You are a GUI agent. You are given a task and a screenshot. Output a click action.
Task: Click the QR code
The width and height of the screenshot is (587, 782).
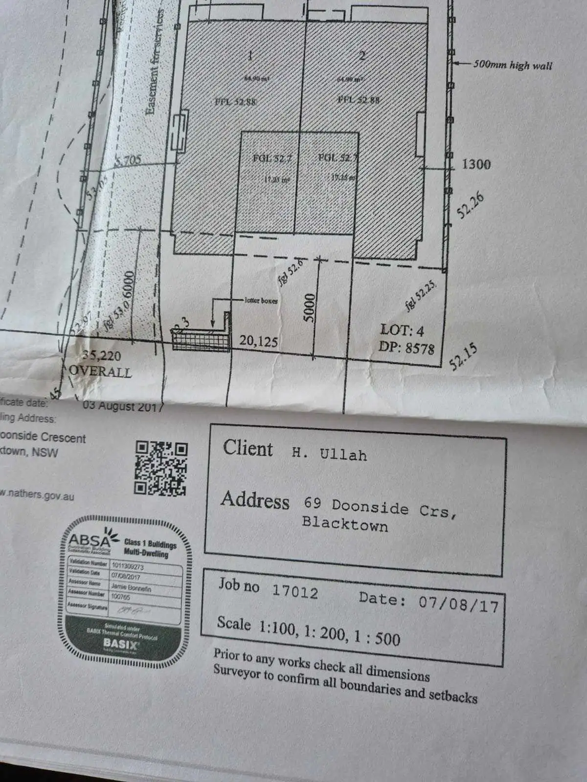(x=161, y=468)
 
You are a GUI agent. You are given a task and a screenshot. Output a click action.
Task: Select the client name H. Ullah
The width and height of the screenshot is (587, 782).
(x=329, y=454)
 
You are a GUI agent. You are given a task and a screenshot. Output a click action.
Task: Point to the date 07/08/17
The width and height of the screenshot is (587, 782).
(x=458, y=604)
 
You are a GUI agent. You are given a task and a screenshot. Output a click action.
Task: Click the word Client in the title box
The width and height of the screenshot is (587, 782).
(x=248, y=448)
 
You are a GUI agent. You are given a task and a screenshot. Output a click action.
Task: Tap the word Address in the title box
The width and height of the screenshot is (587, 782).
(x=255, y=500)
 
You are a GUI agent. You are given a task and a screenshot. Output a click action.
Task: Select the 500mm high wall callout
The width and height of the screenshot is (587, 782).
(x=512, y=65)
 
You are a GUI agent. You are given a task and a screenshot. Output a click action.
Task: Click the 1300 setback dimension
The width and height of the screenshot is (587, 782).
(x=476, y=164)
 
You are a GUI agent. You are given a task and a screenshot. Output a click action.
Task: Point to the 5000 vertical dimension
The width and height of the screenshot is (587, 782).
(x=310, y=307)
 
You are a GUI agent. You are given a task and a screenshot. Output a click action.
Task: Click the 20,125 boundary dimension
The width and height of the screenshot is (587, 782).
(x=258, y=341)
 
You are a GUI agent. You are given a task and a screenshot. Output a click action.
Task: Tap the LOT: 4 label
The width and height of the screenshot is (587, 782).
(x=402, y=330)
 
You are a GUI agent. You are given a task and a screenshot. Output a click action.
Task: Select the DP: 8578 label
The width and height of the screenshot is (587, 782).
(x=406, y=348)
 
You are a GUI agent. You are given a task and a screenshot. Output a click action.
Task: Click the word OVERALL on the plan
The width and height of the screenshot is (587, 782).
(x=100, y=371)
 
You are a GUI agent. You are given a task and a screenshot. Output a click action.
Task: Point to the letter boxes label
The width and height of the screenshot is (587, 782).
(x=261, y=301)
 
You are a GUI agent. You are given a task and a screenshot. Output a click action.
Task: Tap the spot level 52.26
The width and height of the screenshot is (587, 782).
(x=470, y=205)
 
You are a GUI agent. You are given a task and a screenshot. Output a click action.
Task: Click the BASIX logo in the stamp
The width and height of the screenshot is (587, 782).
(x=121, y=643)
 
